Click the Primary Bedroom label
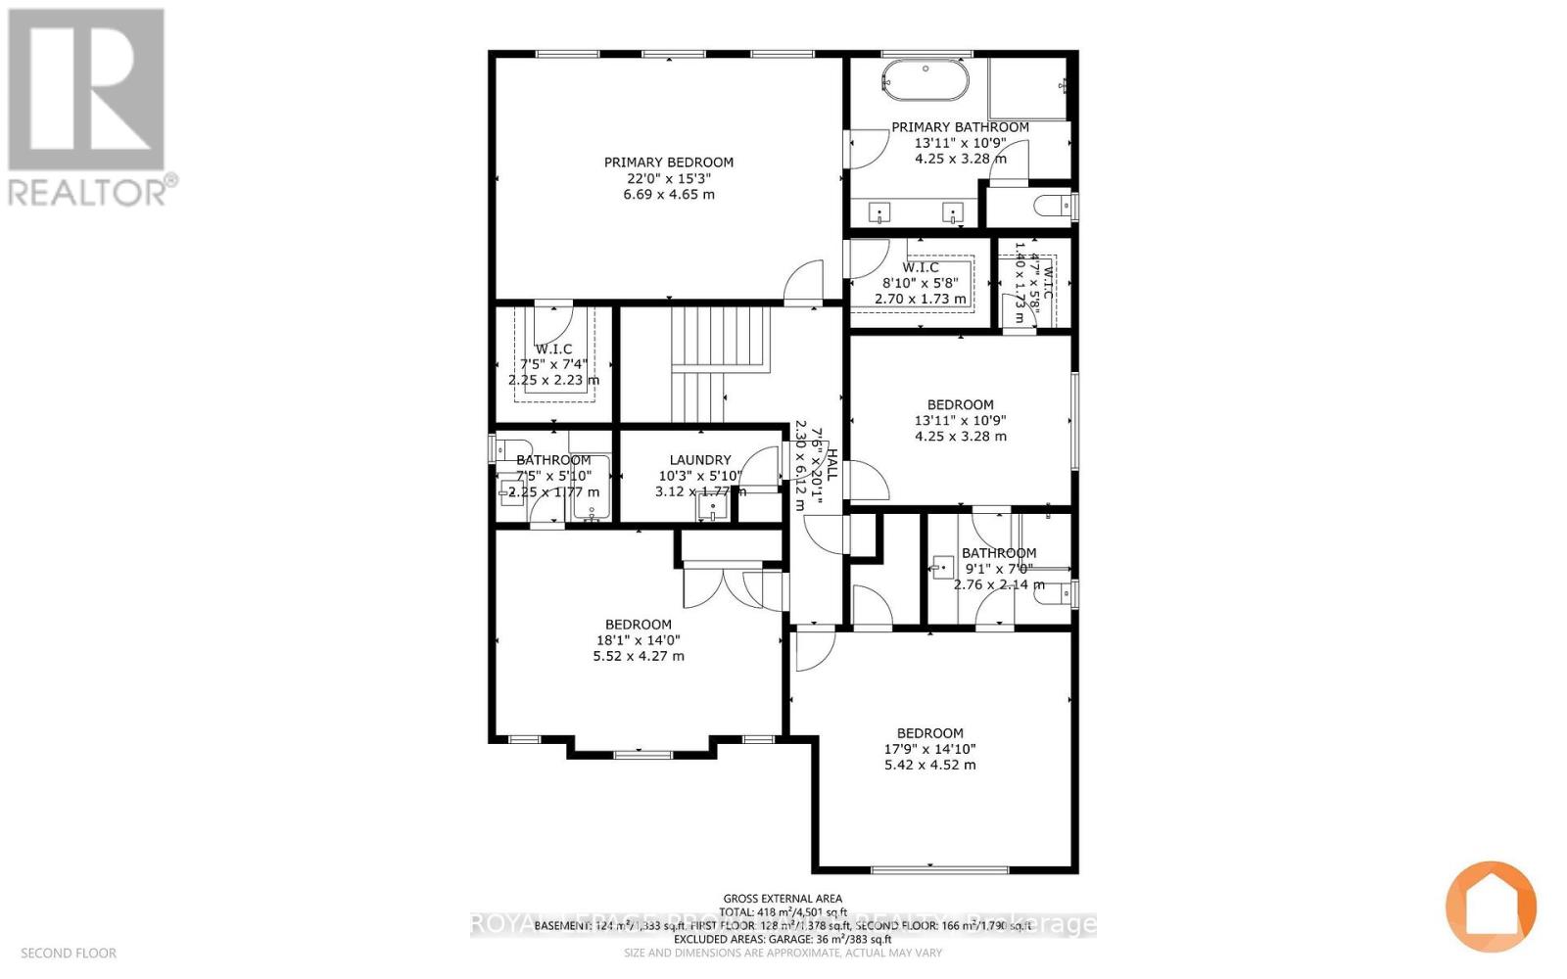point(668,163)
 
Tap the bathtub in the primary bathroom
point(926,79)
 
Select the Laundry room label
point(700,460)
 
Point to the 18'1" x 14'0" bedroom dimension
point(639,640)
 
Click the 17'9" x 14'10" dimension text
point(929,749)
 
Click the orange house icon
point(1491,907)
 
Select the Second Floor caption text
point(69,953)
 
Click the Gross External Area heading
point(783,898)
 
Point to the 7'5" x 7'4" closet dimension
point(553,364)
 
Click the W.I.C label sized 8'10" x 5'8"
point(921,267)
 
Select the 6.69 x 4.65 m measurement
point(669,194)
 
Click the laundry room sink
point(712,508)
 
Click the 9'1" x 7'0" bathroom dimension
point(998,569)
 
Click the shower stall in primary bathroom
point(1025,88)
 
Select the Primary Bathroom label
point(960,127)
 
